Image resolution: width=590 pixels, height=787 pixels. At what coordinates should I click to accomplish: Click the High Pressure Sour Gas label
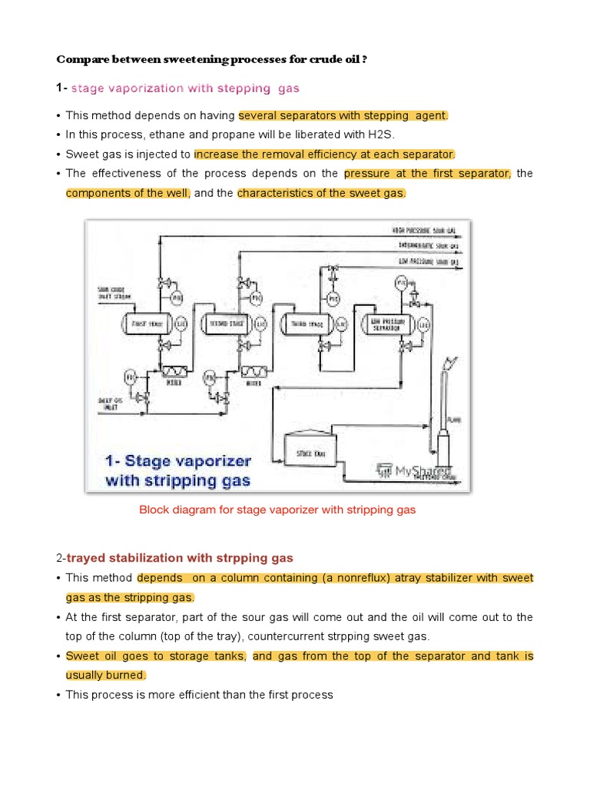[x=423, y=230]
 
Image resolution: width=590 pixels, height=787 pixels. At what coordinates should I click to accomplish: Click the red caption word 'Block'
[x=153, y=510]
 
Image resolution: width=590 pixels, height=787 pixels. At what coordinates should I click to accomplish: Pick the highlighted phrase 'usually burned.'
[x=106, y=675]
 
